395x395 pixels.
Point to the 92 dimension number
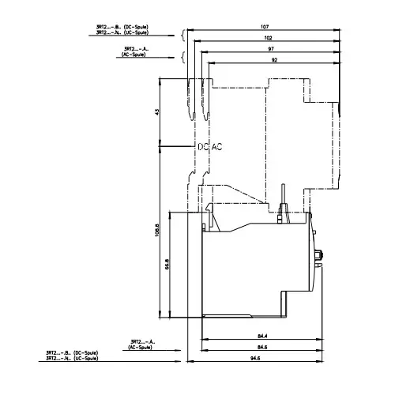[273, 60]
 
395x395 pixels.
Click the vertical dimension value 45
[156, 112]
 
